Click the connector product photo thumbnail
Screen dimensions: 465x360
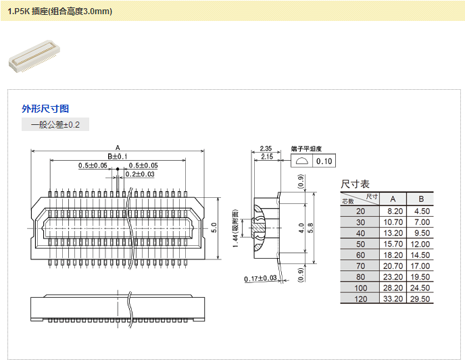34,56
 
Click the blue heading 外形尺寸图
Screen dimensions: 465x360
45,109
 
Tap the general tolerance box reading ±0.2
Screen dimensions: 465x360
55,124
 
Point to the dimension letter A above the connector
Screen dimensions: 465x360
118,147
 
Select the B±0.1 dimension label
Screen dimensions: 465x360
118,156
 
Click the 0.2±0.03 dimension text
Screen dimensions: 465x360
140,174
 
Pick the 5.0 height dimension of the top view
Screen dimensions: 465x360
214,228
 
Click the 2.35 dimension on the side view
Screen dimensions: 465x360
266,149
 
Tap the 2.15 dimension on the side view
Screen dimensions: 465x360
267,157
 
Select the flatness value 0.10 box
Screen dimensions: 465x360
324,161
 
